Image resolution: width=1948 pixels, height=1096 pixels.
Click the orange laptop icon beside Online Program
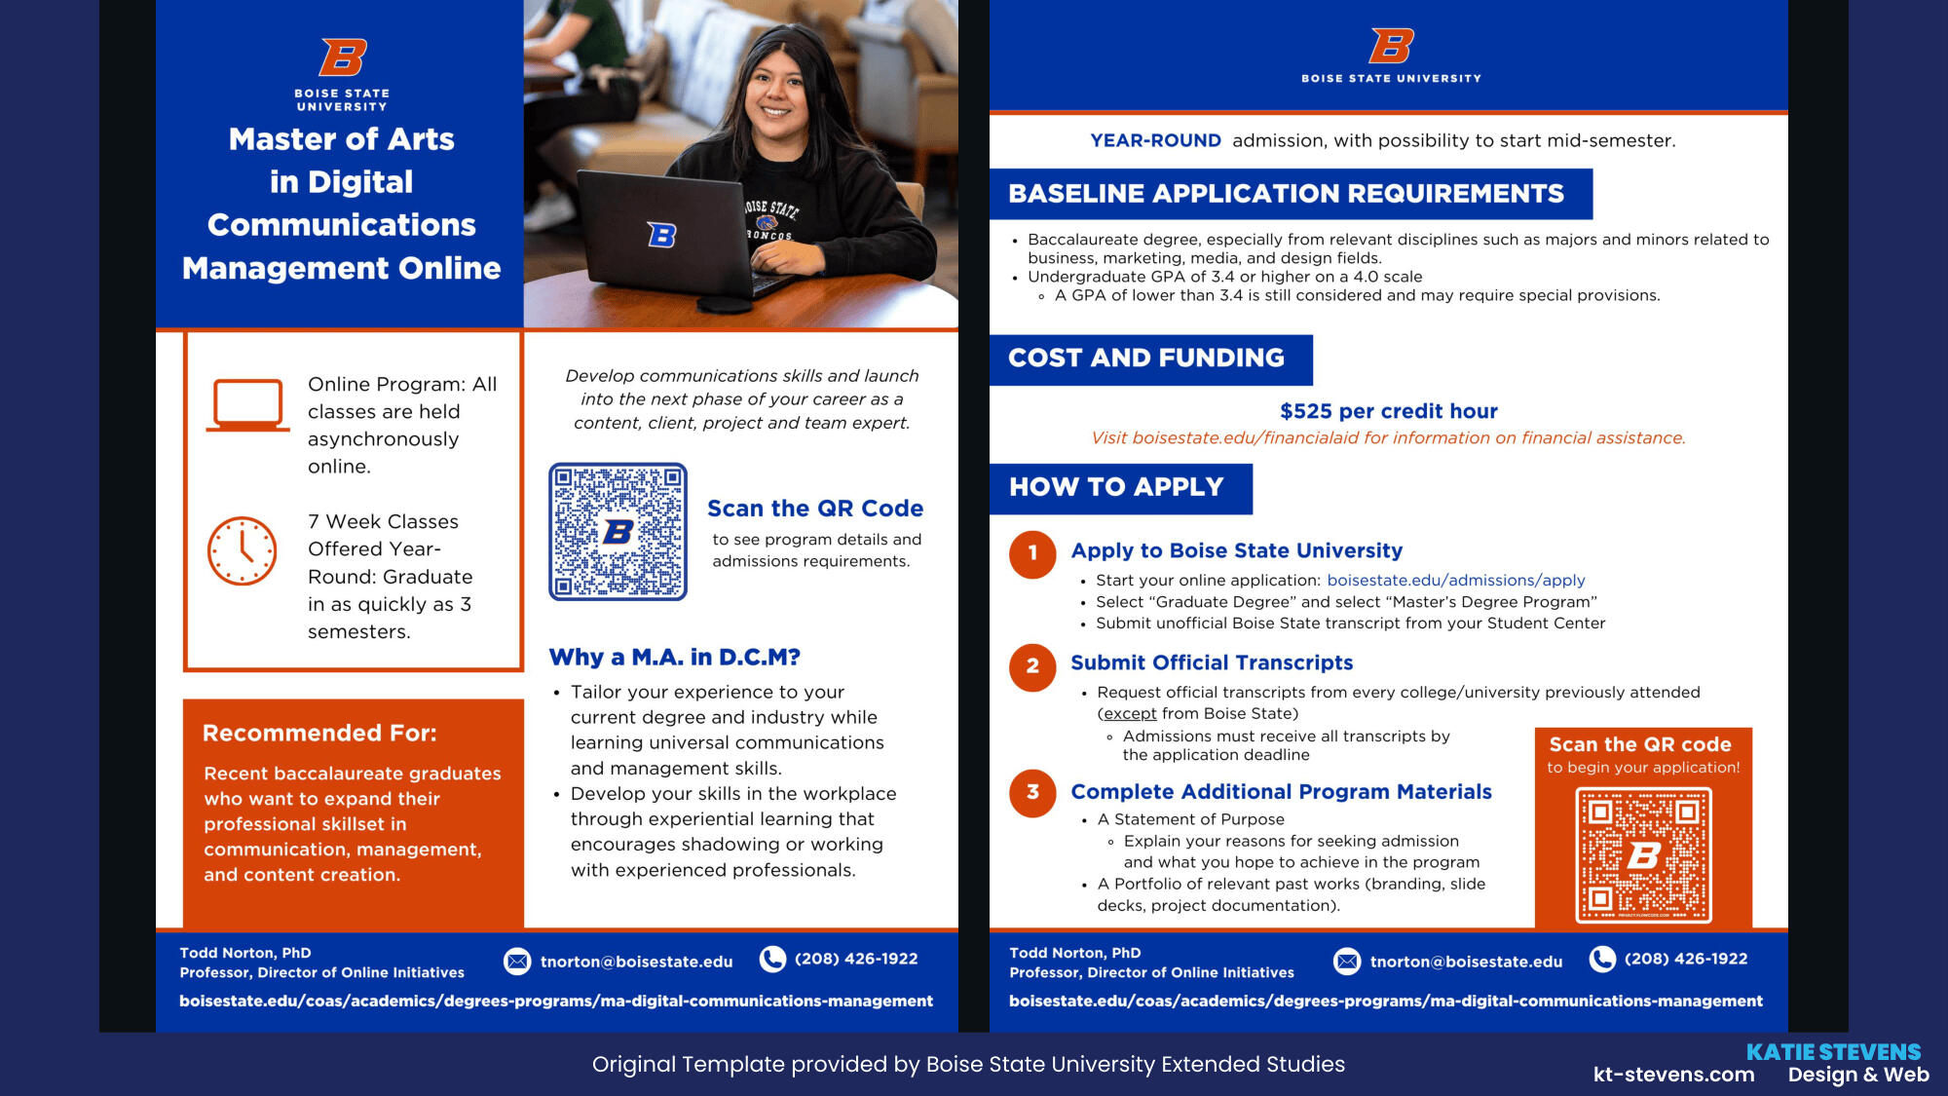click(x=247, y=404)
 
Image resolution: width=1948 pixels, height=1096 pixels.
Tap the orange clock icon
click(x=243, y=550)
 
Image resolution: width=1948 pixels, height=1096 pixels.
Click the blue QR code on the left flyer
click(x=618, y=532)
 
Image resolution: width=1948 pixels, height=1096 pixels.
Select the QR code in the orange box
click(x=1643, y=854)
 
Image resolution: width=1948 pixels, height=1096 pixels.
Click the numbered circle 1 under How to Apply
click(x=1032, y=553)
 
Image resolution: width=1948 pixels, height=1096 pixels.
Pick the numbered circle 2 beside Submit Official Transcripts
click(x=1032, y=666)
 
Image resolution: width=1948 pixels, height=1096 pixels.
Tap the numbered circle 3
click(x=1032, y=792)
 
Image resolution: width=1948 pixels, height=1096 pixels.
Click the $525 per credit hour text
click(x=1388, y=411)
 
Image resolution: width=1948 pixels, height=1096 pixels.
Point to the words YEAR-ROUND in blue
click(x=1155, y=140)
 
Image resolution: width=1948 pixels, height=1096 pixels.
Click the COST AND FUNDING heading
click(x=1146, y=359)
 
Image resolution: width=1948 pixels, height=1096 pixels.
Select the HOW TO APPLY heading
click(x=1116, y=487)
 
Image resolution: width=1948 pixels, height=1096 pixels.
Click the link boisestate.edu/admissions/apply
click(x=1455, y=581)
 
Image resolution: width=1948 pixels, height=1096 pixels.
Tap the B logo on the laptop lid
click(x=661, y=235)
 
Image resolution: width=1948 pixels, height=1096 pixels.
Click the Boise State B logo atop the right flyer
click(x=1391, y=46)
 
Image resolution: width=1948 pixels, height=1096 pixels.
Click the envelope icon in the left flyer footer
click(x=517, y=962)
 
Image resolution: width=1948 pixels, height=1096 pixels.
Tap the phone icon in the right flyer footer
click(x=1602, y=960)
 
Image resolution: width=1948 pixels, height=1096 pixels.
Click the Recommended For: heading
click(x=319, y=733)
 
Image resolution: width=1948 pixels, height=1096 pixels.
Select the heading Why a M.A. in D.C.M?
click(x=674, y=658)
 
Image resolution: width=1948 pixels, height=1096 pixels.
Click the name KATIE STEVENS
click(x=1833, y=1052)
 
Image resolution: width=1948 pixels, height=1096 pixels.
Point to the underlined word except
click(x=1130, y=713)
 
